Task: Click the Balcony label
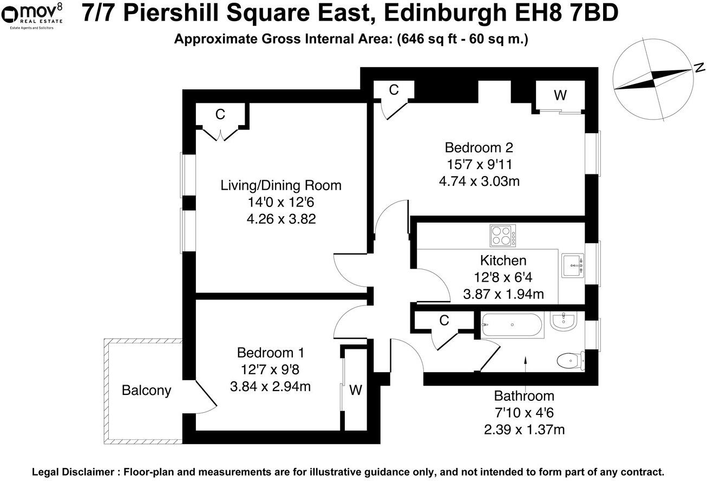(x=146, y=390)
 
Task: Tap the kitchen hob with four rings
(x=503, y=236)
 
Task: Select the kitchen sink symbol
(x=572, y=265)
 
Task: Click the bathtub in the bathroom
(x=512, y=326)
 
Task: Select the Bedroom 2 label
(x=479, y=147)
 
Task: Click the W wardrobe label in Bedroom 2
(x=560, y=95)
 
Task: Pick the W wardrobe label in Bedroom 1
(x=356, y=390)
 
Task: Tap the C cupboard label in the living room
(x=220, y=114)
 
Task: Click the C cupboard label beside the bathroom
(x=444, y=321)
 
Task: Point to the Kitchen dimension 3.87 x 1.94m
(x=503, y=295)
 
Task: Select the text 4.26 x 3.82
(x=281, y=219)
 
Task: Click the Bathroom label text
(x=523, y=396)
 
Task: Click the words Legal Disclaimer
(x=73, y=472)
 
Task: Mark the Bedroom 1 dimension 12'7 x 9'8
(x=270, y=370)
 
